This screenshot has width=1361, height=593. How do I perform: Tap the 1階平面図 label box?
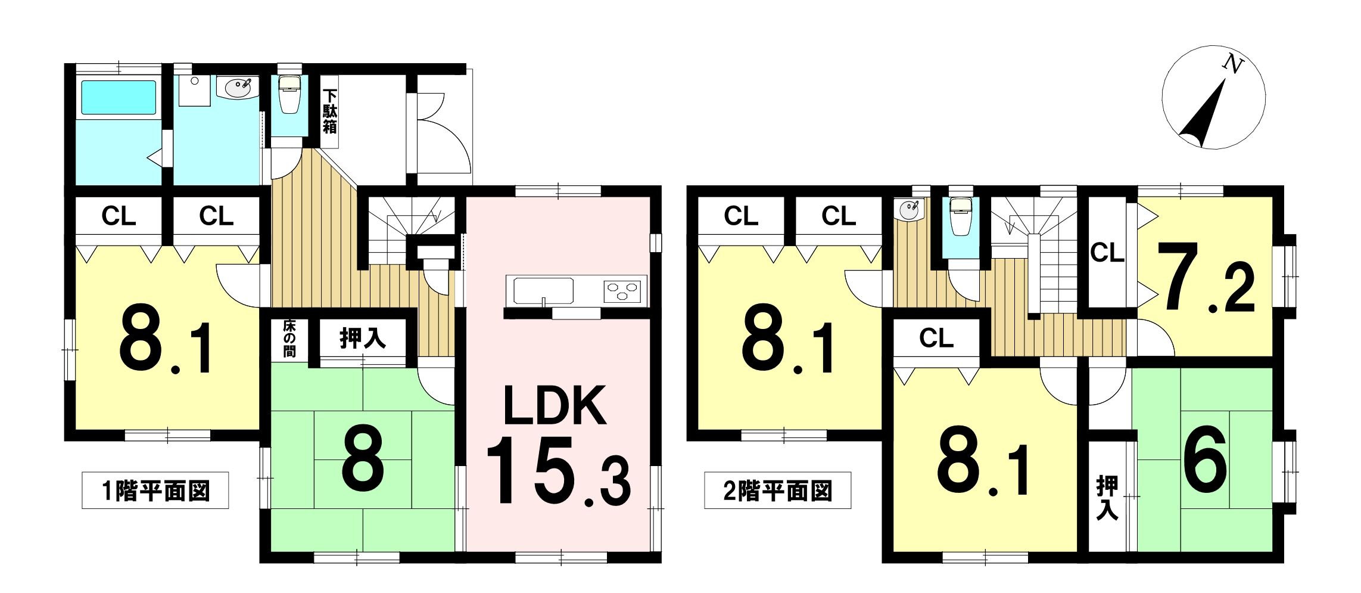pos(155,490)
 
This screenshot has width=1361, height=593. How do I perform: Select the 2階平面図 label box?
pos(777,490)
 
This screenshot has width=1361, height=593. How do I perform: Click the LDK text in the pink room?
pos(555,406)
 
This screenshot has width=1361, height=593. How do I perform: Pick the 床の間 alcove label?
pos(289,339)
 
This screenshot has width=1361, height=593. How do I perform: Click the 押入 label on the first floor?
pos(362,339)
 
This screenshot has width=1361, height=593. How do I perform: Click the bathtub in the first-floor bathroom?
pos(119,97)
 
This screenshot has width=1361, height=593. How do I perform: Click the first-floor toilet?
pos(290,94)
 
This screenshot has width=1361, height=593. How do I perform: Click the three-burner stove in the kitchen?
pos(624,291)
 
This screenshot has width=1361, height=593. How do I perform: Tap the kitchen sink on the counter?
pos(543,291)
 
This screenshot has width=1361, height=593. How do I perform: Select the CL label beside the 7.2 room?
pos(1107,253)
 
